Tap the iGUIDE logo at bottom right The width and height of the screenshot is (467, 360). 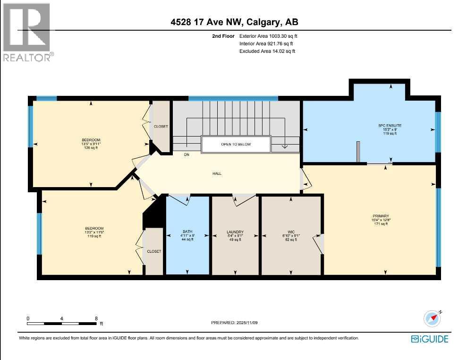click(429, 339)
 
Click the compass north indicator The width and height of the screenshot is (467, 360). click(432, 318)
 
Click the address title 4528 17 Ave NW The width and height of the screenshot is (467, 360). click(233, 22)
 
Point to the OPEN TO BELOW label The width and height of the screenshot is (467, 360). click(236, 144)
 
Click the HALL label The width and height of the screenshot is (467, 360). click(217, 173)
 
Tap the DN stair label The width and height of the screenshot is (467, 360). click(187, 154)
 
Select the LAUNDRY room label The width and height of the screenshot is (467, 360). click(235, 232)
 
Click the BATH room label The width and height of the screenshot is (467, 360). click(187, 232)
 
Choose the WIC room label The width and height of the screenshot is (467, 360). click(291, 232)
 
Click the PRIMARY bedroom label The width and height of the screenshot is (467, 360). click(380, 215)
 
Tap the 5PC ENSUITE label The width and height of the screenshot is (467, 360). click(390, 126)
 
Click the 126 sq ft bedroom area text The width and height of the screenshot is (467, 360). click(91, 147)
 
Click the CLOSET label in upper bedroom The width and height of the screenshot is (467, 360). click(161, 126)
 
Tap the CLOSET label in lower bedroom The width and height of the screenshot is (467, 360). click(154, 251)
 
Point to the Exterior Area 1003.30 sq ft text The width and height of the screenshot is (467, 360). click(269, 36)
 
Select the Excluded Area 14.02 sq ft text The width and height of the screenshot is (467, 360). click(267, 51)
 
